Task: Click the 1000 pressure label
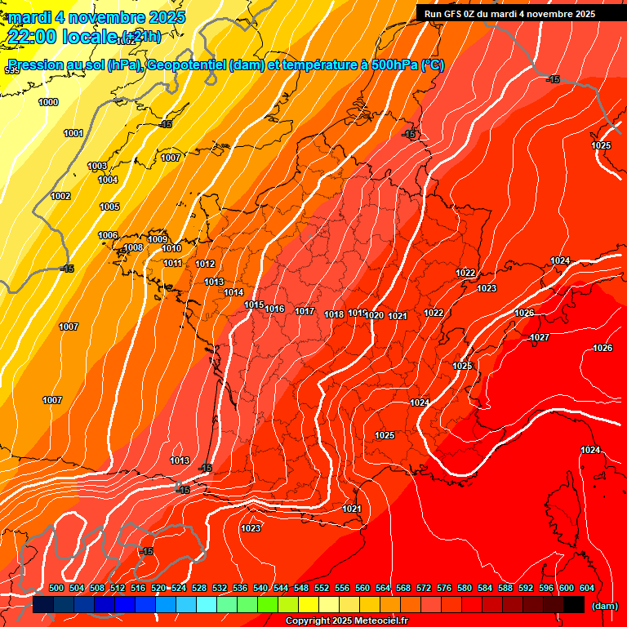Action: (48, 102)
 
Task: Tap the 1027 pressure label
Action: (540, 337)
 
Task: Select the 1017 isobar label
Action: (305, 311)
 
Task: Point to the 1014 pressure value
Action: (233, 292)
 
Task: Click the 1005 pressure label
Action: (109, 207)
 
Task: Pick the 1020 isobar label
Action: (375, 315)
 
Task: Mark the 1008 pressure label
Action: (133, 247)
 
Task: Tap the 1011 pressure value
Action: (172, 263)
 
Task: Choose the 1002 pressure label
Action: (60, 196)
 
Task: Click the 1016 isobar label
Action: (274, 309)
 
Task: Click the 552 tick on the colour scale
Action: (322, 588)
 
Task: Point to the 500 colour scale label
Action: (56, 588)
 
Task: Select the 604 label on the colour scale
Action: (587, 588)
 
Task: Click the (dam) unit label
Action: (605, 605)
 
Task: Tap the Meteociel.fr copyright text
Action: (346, 621)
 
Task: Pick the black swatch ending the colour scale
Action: (574, 604)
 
